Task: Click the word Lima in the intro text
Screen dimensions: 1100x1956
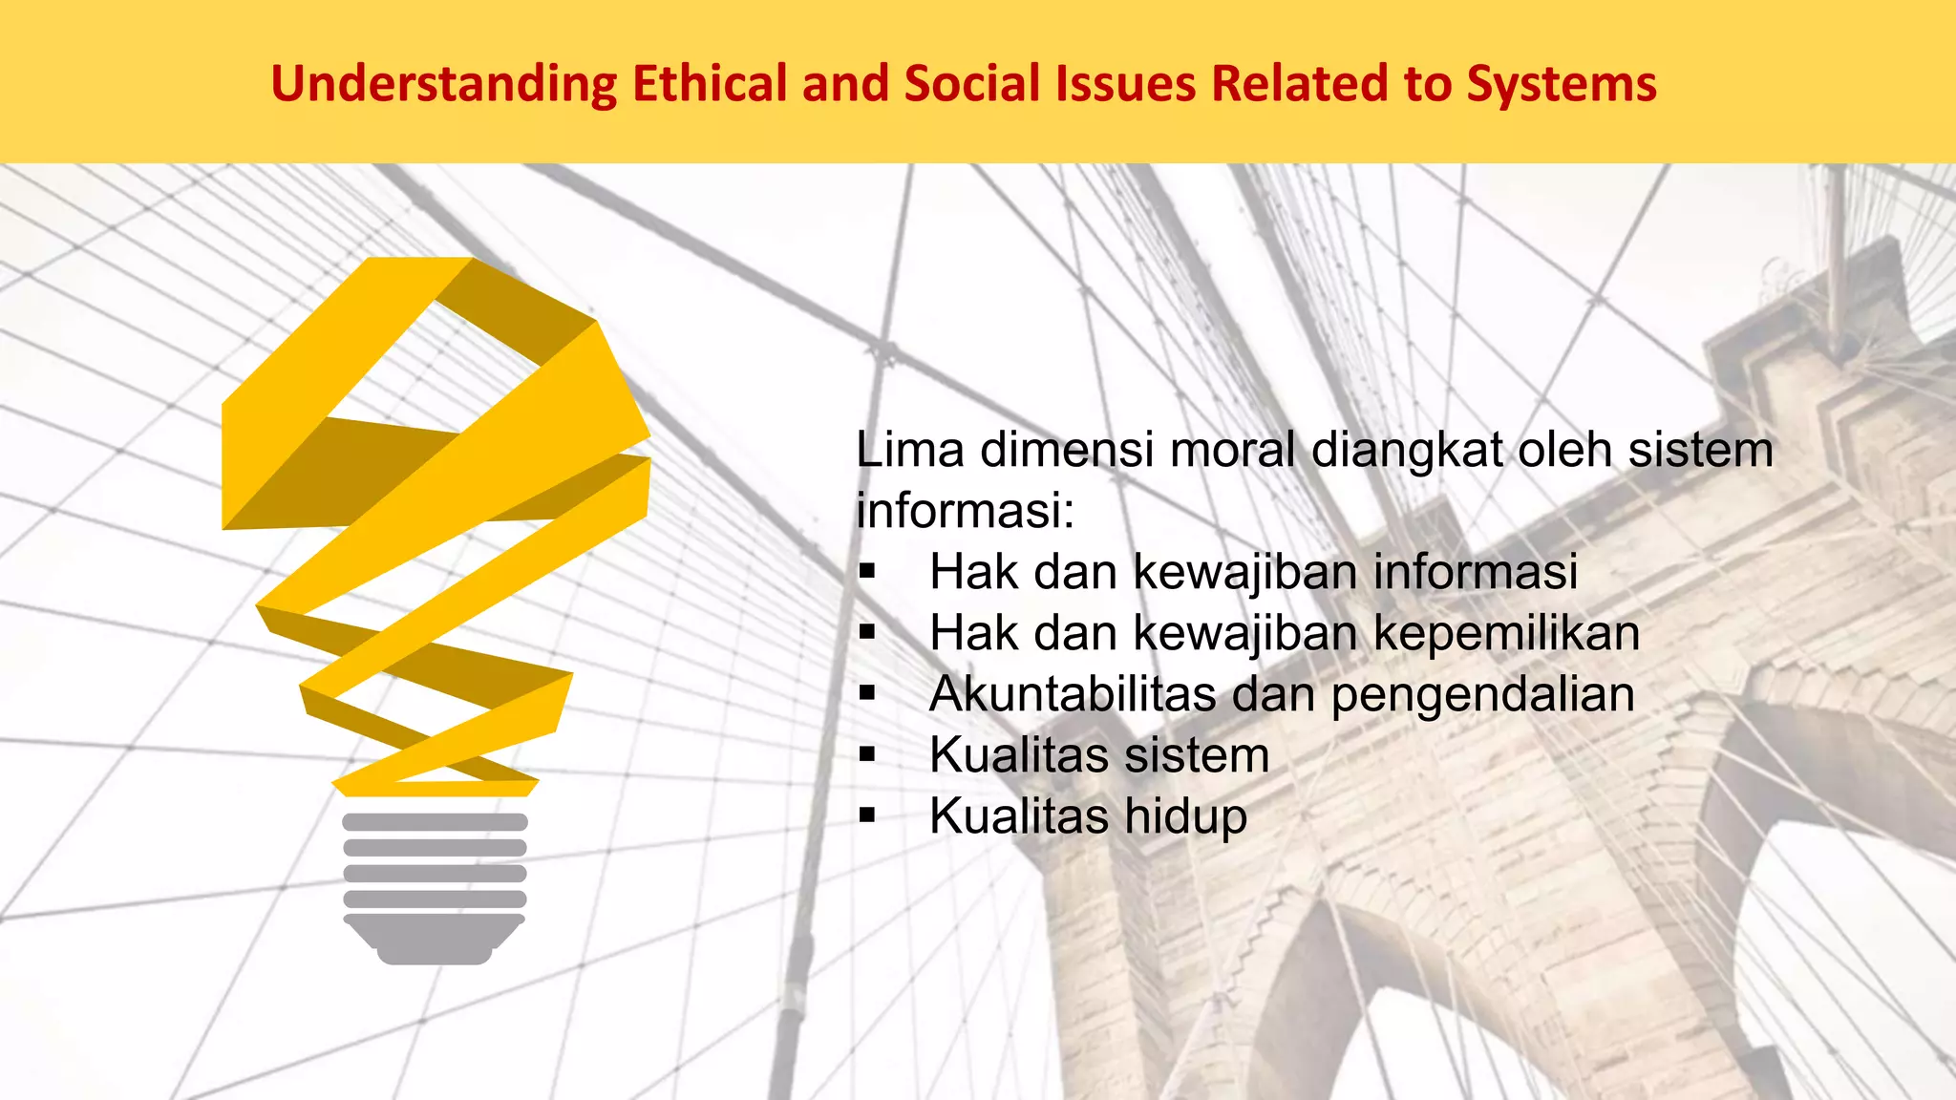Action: point(909,450)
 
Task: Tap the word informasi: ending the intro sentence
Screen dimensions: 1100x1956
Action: point(965,511)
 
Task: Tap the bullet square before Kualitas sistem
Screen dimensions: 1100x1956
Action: point(867,754)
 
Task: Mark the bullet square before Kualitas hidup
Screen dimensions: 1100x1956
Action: point(867,815)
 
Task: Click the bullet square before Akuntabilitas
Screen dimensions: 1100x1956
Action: point(867,693)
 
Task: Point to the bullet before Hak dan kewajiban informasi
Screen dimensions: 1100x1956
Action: point(867,572)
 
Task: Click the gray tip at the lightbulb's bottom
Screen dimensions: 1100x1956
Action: point(435,954)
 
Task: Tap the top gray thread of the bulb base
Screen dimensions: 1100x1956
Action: point(435,822)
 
